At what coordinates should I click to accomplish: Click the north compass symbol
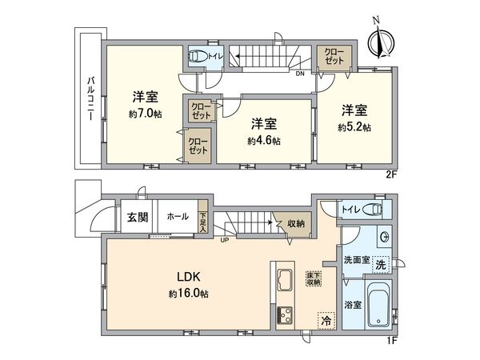(x=378, y=38)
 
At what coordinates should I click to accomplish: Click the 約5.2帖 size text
(x=354, y=126)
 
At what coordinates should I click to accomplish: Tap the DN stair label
(x=298, y=74)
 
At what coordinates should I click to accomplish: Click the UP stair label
(x=225, y=239)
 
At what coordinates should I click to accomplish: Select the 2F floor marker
(x=390, y=173)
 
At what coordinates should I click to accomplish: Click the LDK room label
(x=188, y=278)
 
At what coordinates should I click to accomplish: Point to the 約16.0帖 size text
(x=188, y=294)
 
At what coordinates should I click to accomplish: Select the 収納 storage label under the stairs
(x=295, y=224)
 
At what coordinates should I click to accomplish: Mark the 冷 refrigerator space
(x=326, y=318)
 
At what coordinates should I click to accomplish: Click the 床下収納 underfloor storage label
(x=313, y=277)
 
